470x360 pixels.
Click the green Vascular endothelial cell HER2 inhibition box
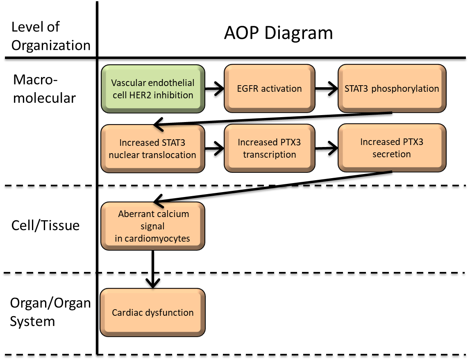pyautogui.click(x=153, y=88)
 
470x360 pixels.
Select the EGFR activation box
pyautogui.click(x=269, y=88)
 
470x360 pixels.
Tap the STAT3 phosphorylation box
pyautogui.click(x=392, y=88)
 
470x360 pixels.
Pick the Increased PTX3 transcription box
pyautogui.click(x=269, y=148)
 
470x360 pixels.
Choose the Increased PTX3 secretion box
pyautogui.click(x=392, y=148)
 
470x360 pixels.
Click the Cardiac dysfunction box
pyautogui.click(x=152, y=312)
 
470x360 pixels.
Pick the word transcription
pyautogui.click(x=269, y=154)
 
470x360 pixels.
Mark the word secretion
pyautogui.click(x=392, y=154)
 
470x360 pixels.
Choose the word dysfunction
pyautogui.click(x=170, y=312)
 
